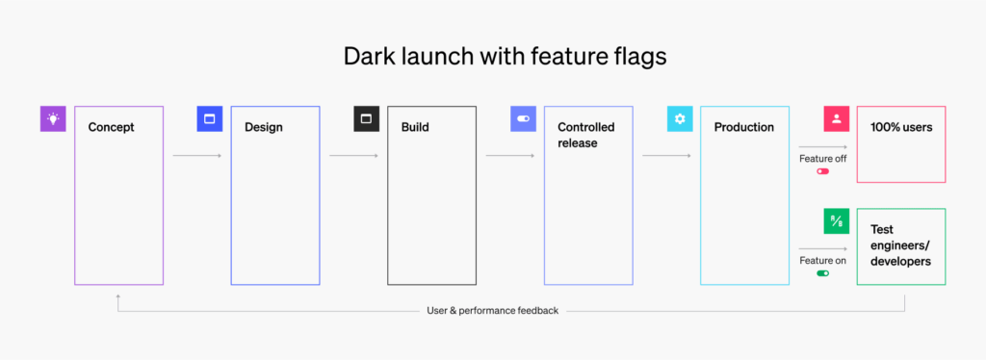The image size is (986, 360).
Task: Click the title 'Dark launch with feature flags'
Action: point(505,56)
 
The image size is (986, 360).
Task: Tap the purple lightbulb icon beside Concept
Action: point(53,118)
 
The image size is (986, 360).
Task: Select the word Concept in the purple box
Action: point(112,127)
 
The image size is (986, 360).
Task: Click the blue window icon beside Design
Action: point(209,118)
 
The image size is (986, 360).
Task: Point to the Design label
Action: point(264,127)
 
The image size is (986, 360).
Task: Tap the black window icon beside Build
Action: point(366,118)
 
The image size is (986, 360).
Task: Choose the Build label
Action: point(415,127)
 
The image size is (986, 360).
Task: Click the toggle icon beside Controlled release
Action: point(523,118)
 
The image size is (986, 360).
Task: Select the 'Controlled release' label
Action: point(586,135)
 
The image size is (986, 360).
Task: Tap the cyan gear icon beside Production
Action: point(680,118)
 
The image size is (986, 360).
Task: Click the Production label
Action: point(744,127)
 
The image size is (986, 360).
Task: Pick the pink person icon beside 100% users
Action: point(837,118)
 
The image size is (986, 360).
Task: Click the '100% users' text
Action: point(901,127)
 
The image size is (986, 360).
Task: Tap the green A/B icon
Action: point(837,221)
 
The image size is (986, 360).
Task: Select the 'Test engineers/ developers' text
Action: point(900,245)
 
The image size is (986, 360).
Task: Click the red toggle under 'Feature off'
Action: point(822,171)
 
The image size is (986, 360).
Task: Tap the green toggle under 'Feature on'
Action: point(822,273)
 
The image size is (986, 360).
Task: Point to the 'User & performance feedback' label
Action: point(492,310)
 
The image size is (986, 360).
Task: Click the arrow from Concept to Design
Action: point(197,156)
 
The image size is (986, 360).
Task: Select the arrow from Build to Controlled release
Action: point(510,156)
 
